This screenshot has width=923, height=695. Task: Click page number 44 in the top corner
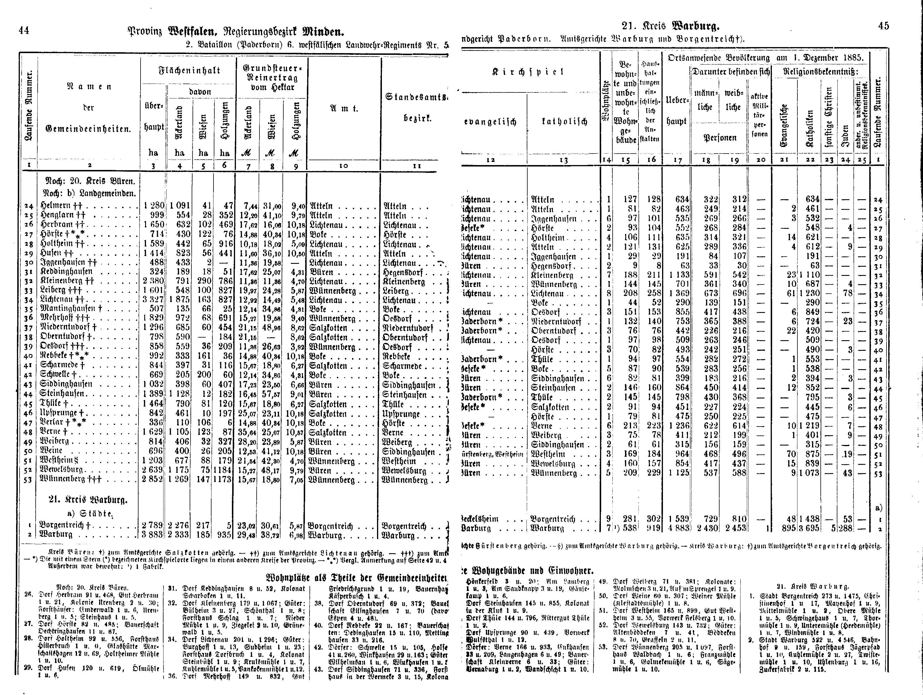[x=24, y=30]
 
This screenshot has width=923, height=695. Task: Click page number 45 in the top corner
[x=883, y=26]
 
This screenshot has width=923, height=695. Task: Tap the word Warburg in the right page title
[x=696, y=27]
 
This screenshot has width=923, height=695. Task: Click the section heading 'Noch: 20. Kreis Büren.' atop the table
[x=90, y=181]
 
